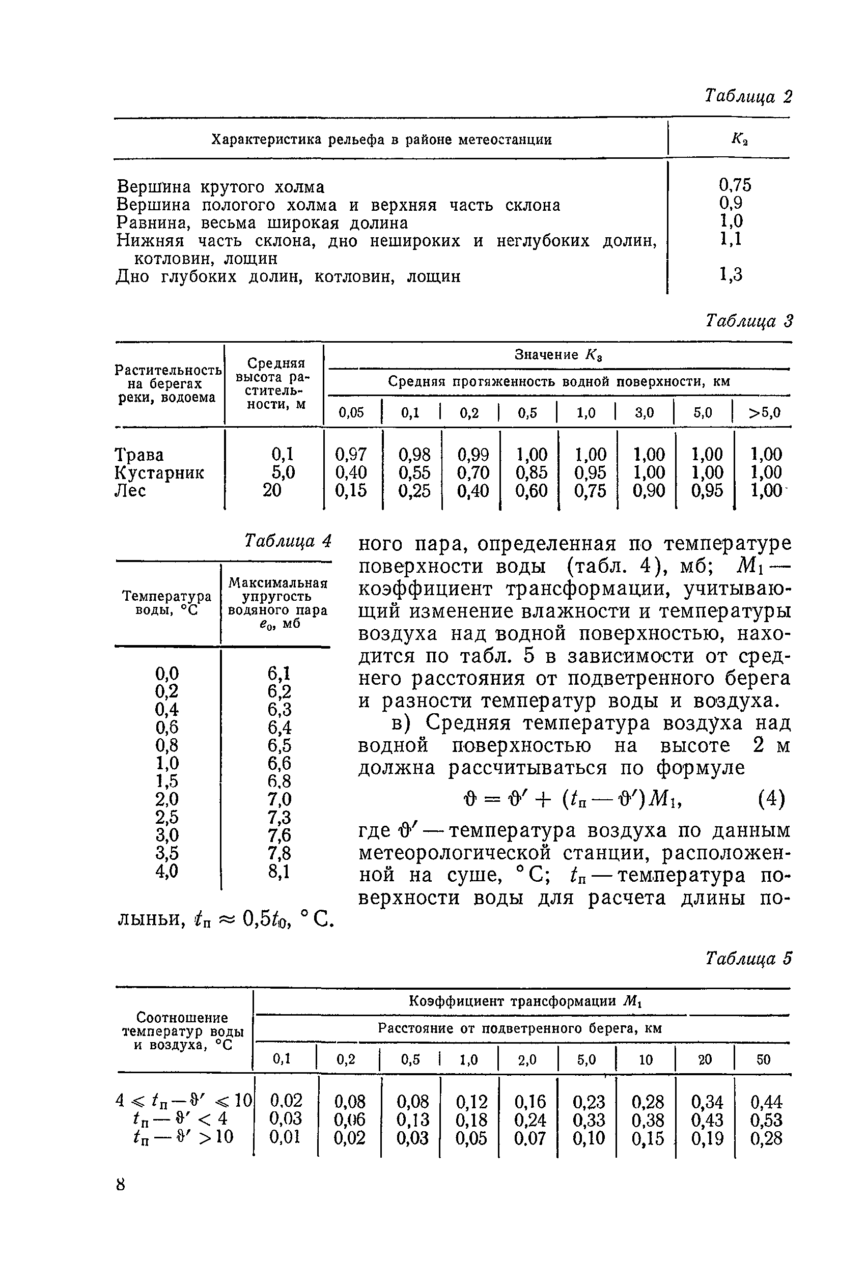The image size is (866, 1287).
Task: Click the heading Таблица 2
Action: click(748, 97)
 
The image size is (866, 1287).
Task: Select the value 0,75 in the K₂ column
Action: click(735, 185)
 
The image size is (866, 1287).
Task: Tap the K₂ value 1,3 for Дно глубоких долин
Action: click(731, 275)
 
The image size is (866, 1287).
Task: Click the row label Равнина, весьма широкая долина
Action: click(262, 223)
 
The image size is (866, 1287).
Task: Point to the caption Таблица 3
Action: click(749, 321)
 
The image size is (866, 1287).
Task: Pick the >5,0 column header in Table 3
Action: click(764, 413)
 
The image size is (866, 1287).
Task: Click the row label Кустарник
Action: click(159, 472)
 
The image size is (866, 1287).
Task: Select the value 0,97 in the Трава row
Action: click(351, 455)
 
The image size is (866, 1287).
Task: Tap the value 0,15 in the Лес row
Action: click(351, 490)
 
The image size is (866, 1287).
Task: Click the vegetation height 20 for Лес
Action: click(272, 490)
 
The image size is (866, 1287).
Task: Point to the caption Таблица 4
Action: click(288, 541)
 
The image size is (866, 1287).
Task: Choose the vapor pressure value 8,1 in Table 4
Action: click(280, 871)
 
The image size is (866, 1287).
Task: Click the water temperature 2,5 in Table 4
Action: click(167, 817)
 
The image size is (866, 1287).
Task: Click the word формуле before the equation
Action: click(701, 768)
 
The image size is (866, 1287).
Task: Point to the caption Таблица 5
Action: click(748, 959)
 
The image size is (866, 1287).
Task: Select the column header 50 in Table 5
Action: click(763, 1059)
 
